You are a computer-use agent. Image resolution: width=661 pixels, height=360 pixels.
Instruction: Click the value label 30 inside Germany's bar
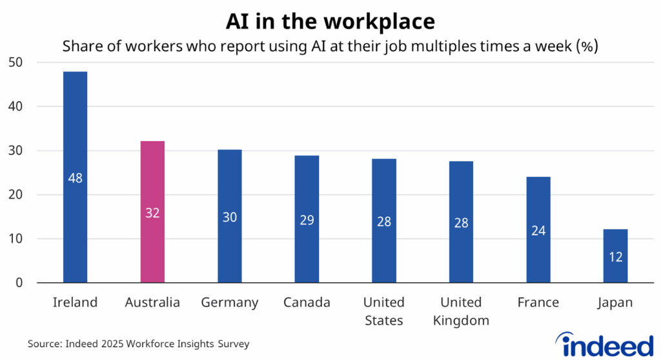coord(229,217)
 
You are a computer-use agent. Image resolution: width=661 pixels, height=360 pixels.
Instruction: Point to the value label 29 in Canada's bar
coord(307,219)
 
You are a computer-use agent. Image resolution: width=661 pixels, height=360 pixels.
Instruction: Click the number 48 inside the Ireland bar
coord(75,178)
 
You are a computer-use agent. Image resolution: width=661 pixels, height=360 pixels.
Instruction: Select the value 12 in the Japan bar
coord(615,257)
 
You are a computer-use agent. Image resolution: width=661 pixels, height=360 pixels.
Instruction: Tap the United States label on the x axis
coord(383,311)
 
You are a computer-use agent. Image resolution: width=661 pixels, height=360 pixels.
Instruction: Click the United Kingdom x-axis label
coord(461,311)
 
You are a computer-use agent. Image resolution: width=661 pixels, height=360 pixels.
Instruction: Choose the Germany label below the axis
coord(229,303)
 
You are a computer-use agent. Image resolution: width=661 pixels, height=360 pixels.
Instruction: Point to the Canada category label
coord(307,303)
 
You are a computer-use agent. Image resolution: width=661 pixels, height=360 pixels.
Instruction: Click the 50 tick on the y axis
coord(15,63)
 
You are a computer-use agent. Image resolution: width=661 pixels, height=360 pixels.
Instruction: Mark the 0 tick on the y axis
coord(19,283)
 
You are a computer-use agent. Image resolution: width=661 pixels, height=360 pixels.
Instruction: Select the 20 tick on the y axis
coord(15,195)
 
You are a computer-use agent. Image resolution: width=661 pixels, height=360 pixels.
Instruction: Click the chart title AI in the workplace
coord(330,21)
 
